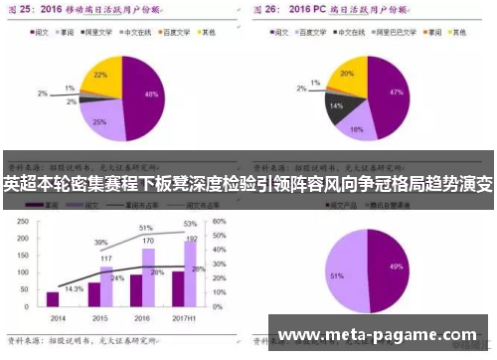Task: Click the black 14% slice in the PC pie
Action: point(339,103)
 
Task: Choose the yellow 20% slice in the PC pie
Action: point(348,76)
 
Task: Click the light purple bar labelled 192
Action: point(190,274)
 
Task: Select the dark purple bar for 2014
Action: point(53,298)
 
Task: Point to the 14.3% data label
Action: point(74,288)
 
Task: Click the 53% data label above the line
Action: point(190,224)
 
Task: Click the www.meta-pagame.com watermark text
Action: point(381,334)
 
